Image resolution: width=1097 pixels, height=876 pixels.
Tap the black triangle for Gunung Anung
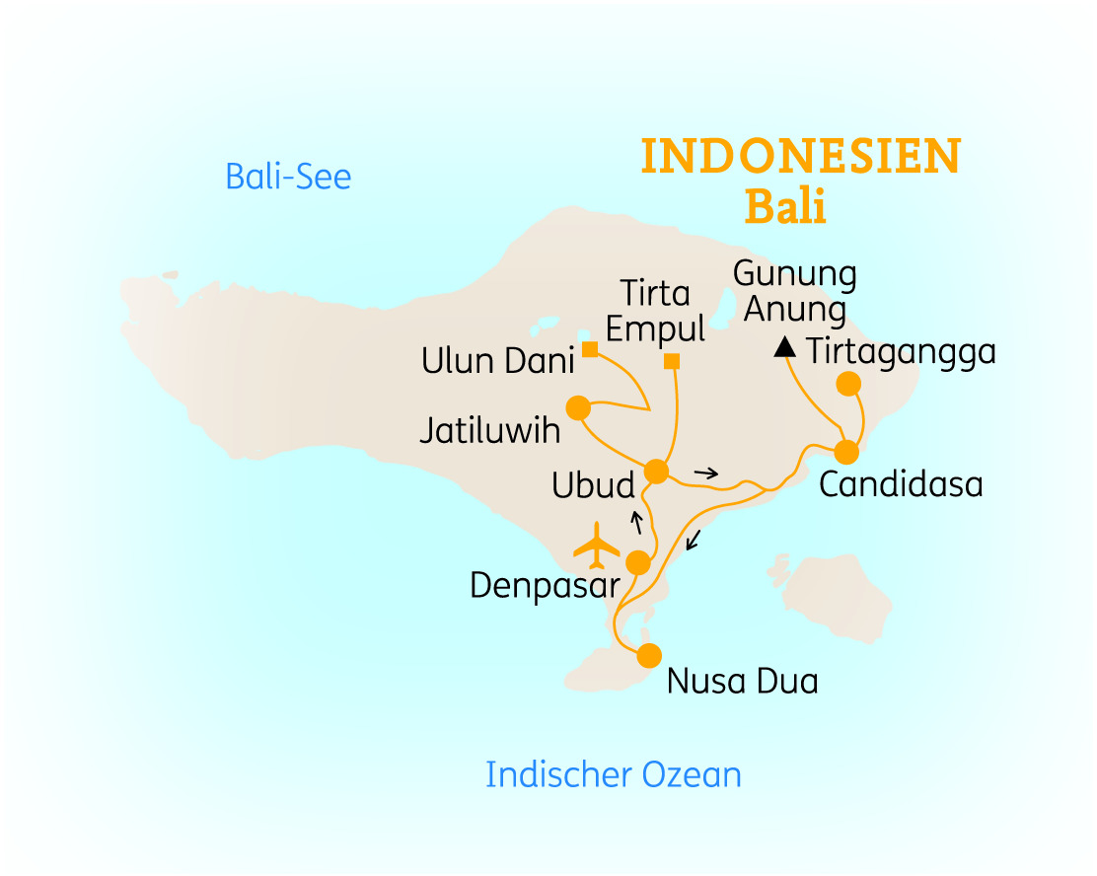785,346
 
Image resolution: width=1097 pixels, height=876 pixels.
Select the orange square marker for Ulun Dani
589,349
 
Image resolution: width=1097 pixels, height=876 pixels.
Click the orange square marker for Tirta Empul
672,361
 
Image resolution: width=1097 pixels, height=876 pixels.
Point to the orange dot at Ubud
655,472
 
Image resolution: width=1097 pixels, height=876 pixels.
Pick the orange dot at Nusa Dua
648,655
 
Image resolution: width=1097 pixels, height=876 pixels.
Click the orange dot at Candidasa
846,452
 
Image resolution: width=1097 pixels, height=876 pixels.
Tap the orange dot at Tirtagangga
848,383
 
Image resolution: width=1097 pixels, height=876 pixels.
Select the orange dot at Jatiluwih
577,407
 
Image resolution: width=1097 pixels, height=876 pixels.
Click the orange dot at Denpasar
638,562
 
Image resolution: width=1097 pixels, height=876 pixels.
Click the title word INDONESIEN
800,158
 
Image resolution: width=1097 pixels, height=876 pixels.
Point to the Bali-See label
288,178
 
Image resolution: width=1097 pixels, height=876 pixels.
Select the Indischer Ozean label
613,774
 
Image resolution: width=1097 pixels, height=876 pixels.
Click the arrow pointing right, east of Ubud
705,474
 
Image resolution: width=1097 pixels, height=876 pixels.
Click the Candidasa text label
901,485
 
